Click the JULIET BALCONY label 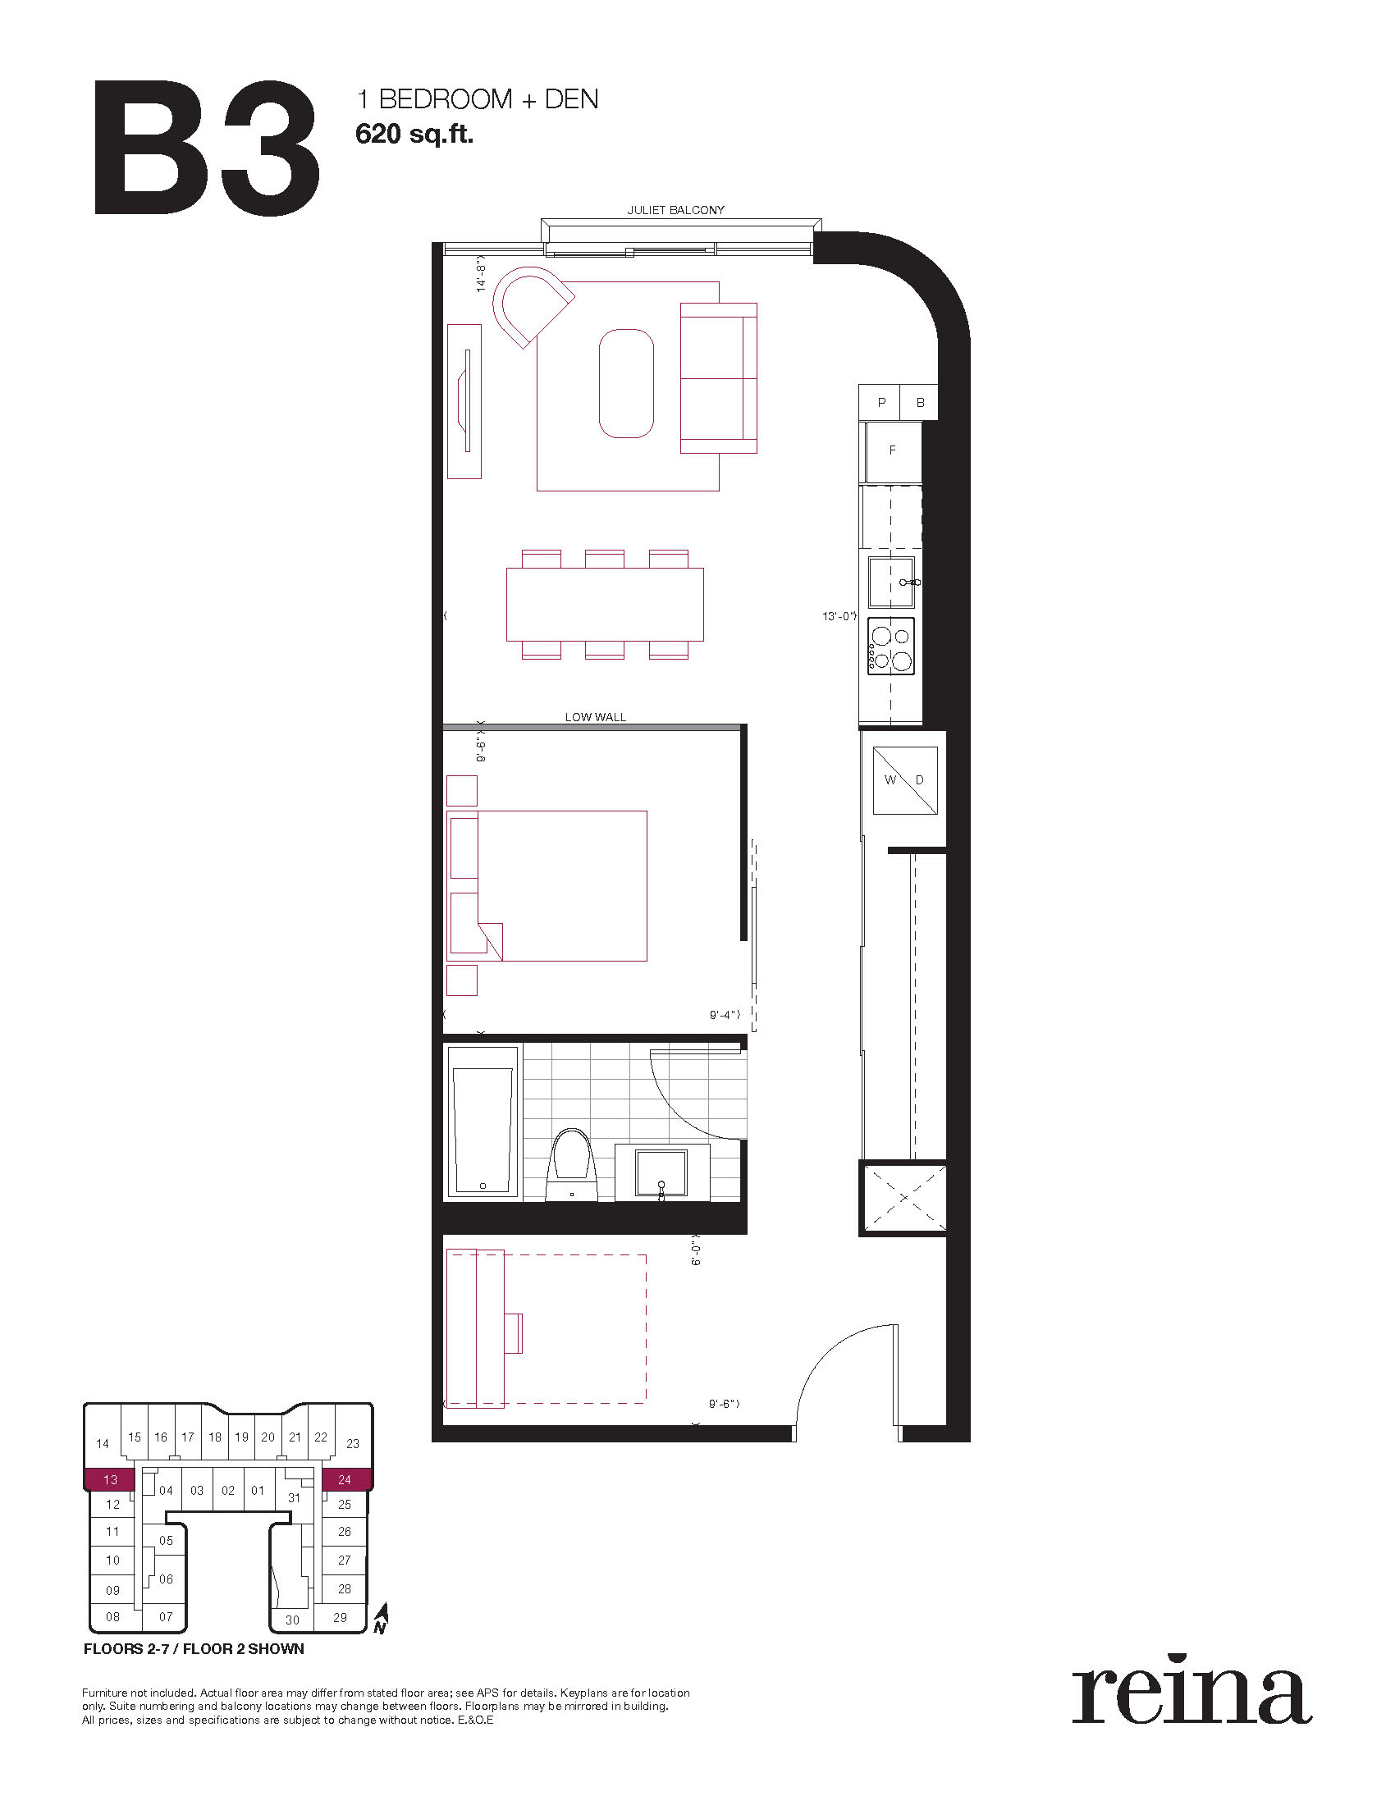pos(675,210)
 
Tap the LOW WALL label pos(595,716)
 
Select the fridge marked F pos(892,451)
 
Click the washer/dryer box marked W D pos(905,780)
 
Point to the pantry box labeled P pos(880,403)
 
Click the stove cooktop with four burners pos(890,648)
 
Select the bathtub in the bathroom pos(483,1122)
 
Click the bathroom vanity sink pos(661,1172)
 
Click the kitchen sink pos(891,582)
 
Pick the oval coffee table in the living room pos(625,383)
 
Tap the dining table pos(605,604)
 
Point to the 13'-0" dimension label pos(839,616)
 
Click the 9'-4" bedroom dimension pos(725,1014)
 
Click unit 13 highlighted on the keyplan pos(110,1479)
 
